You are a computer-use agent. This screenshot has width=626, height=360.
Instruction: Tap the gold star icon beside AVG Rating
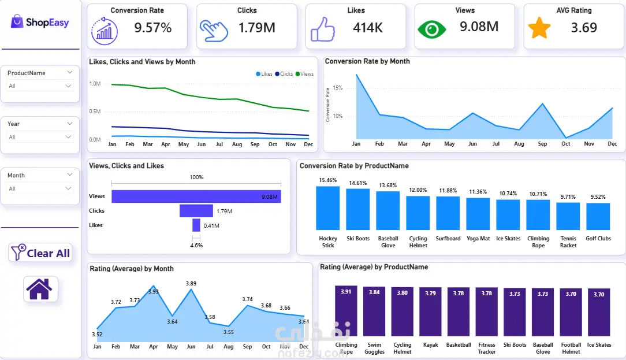(539, 28)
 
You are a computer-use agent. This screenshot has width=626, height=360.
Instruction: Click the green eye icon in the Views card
(431, 29)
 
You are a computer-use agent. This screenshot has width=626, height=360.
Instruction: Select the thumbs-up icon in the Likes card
(323, 29)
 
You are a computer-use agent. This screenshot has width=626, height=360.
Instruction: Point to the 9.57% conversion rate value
(153, 28)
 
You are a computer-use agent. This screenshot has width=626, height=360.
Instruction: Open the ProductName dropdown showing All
(40, 86)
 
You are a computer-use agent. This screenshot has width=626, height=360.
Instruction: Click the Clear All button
(40, 253)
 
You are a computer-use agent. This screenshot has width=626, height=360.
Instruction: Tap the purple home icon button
(40, 289)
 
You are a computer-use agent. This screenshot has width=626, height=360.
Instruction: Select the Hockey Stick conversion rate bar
(328, 208)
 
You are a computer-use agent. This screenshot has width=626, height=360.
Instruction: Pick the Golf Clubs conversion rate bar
(598, 216)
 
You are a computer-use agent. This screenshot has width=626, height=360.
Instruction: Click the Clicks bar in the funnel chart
(196, 211)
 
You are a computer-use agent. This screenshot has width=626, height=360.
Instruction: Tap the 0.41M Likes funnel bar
(196, 225)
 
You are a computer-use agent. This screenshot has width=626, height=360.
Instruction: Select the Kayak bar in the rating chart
(430, 311)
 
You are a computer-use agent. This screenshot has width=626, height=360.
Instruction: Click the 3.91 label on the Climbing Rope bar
(346, 292)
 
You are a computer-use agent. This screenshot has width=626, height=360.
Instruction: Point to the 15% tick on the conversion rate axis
(338, 88)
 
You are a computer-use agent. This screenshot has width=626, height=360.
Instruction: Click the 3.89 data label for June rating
(191, 283)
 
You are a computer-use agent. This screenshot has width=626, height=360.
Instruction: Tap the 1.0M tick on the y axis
(95, 84)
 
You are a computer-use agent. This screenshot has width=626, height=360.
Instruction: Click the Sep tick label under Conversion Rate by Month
(542, 144)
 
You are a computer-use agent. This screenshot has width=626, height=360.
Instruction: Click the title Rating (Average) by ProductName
(374, 267)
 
